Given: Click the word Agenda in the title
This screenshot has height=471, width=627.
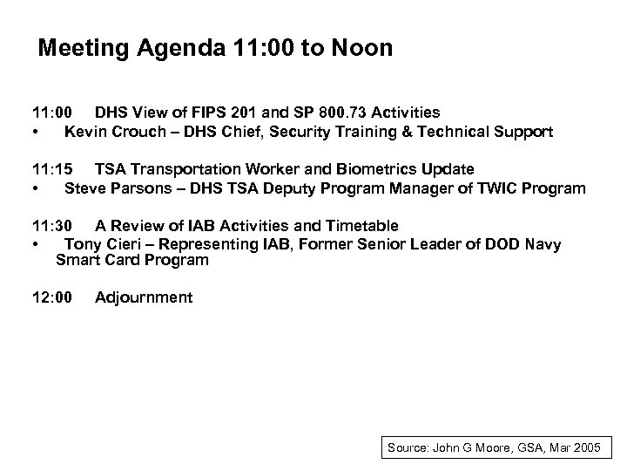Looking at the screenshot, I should (177, 49).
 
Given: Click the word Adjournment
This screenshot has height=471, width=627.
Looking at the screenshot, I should (144, 297).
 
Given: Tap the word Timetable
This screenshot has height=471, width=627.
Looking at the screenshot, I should (358, 226).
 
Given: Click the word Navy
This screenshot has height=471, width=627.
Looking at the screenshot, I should (543, 244).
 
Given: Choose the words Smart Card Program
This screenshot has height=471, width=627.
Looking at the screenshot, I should (132, 260).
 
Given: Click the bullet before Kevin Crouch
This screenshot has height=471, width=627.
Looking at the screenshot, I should (34, 133).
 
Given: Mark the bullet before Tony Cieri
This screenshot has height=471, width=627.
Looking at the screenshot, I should (34, 245).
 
